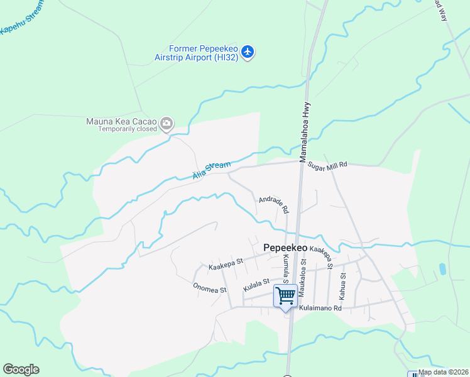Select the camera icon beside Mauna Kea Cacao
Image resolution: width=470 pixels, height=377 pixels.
pos(167,123)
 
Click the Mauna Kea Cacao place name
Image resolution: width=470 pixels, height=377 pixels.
pos(122,121)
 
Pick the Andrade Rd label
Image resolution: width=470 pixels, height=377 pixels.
pos(273,204)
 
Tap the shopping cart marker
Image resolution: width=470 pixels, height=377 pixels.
pos(285,296)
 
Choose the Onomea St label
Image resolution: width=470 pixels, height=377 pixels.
pos(209,289)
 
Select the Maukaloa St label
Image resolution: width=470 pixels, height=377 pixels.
pos(303,274)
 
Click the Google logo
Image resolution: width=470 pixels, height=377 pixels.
pos(21,369)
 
